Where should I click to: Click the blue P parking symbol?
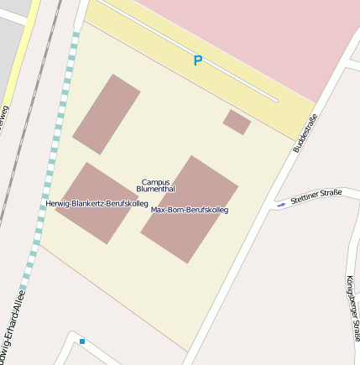coord(198,60)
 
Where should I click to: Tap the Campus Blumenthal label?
coord(155,185)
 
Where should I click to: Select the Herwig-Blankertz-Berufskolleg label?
coord(97,204)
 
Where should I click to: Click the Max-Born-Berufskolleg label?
coord(190,210)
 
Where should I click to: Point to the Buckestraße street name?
coord(305,133)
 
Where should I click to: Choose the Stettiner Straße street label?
coord(316,196)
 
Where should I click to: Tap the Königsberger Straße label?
coord(352,308)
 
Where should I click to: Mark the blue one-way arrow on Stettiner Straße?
coord(281,203)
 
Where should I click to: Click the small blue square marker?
coord(82,342)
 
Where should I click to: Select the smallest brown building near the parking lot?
coord(237,122)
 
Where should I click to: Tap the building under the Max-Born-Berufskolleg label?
coord(190,231)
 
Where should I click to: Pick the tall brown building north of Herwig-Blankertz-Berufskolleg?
coord(107,114)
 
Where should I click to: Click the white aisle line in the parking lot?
coord(193,50)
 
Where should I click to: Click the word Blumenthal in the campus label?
coord(155,190)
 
